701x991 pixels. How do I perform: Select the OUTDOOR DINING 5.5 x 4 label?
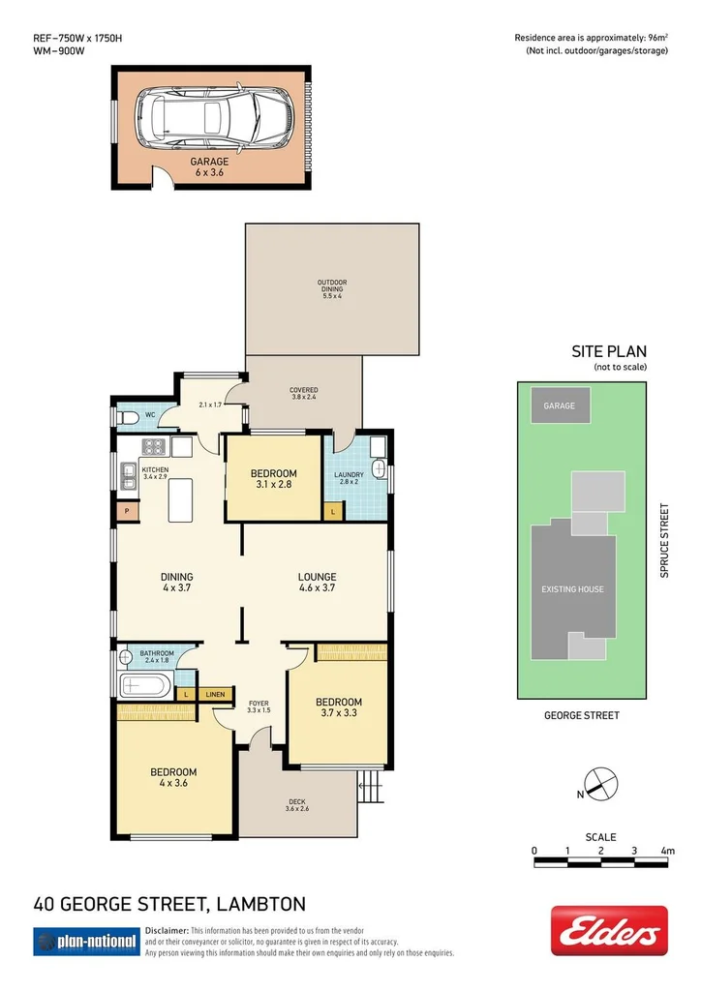(x=332, y=288)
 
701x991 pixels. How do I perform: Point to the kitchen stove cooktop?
(x=155, y=446)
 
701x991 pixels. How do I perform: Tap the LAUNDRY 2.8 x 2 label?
(x=350, y=477)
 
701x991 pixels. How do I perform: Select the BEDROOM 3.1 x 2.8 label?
(x=273, y=479)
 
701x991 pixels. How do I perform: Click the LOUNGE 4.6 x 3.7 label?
(x=317, y=582)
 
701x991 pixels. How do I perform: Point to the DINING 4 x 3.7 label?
(x=177, y=582)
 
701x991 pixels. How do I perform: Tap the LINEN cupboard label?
(x=215, y=695)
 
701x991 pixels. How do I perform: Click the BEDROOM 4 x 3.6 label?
(x=173, y=777)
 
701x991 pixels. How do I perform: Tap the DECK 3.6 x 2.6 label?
(x=296, y=804)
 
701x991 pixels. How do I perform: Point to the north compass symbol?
(x=600, y=781)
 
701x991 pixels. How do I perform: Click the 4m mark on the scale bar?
(x=666, y=851)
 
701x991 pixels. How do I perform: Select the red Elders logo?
(x=609, y=931)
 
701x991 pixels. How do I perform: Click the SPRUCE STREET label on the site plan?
(x=664, y=540)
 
